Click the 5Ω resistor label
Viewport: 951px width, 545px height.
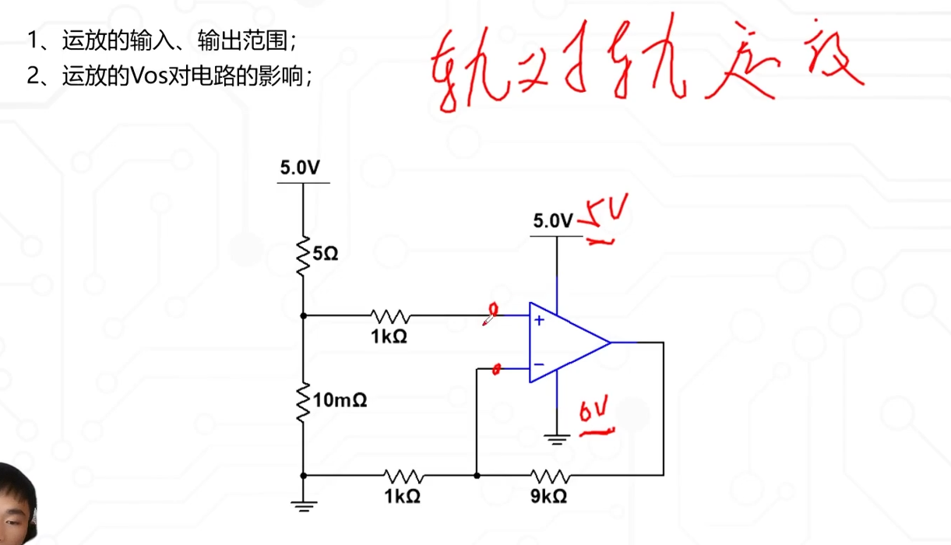[326, 254]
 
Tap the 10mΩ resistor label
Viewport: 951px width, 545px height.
[340, 400]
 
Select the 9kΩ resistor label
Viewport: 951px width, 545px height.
[550, 495]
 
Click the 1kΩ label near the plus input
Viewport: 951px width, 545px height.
[389, 337]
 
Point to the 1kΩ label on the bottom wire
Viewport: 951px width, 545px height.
[403, 495]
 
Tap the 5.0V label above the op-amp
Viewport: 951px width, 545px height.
[553, 221]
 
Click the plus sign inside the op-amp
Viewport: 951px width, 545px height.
[538, 320]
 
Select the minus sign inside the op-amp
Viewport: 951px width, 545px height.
[538, 364]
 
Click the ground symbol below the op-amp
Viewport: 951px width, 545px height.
[556, 439]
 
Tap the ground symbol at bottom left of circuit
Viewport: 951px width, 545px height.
[301, 506]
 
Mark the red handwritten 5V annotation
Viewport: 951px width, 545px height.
[604, 220]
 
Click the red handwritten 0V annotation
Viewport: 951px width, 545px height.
[594, 415]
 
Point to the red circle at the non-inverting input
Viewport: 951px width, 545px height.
[492, 311]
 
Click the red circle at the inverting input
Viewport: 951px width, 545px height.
[498, 369]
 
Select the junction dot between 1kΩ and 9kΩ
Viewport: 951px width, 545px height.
[476, 474]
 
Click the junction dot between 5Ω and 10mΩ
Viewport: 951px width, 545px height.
[302, 316]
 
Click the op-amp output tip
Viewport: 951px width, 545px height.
[610, 342]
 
